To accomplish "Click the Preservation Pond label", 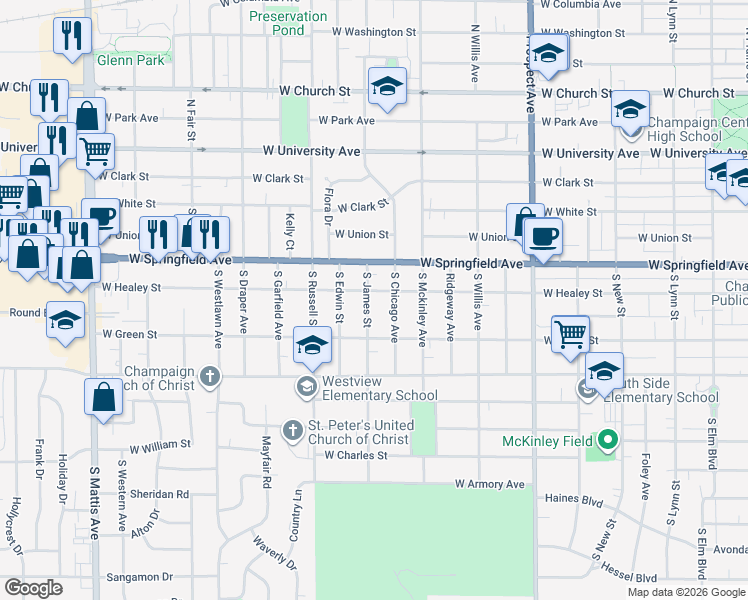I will point(288,23).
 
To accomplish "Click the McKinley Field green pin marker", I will point(606,440).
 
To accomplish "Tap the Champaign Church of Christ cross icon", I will point(209,377).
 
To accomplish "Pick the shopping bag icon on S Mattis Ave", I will point(104,397).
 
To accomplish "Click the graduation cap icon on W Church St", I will point(387,87).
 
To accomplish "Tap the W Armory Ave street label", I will point(489,484).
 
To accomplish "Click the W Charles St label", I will point(356,455).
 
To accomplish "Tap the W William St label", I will point(159,444).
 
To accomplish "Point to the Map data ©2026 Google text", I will point(686,592).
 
